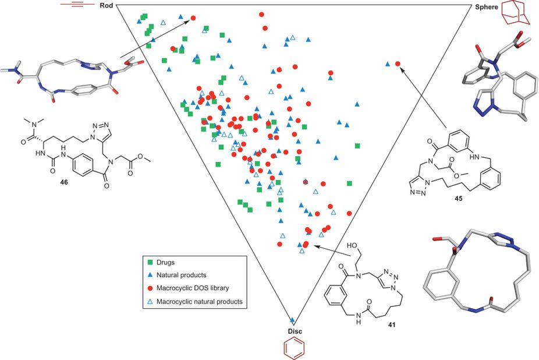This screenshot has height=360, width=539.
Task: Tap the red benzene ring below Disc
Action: click(x=293, y=347)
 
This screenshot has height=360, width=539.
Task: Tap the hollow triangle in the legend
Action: click(x=150, y=301)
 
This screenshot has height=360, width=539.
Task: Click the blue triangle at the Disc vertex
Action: click(x=293, y=319)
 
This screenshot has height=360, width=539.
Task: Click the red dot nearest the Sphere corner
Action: click(x=398, y=63)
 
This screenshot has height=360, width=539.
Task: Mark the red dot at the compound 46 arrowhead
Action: click(x=193, y=19)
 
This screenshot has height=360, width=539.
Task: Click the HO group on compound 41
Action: click(x=353, y=242)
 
